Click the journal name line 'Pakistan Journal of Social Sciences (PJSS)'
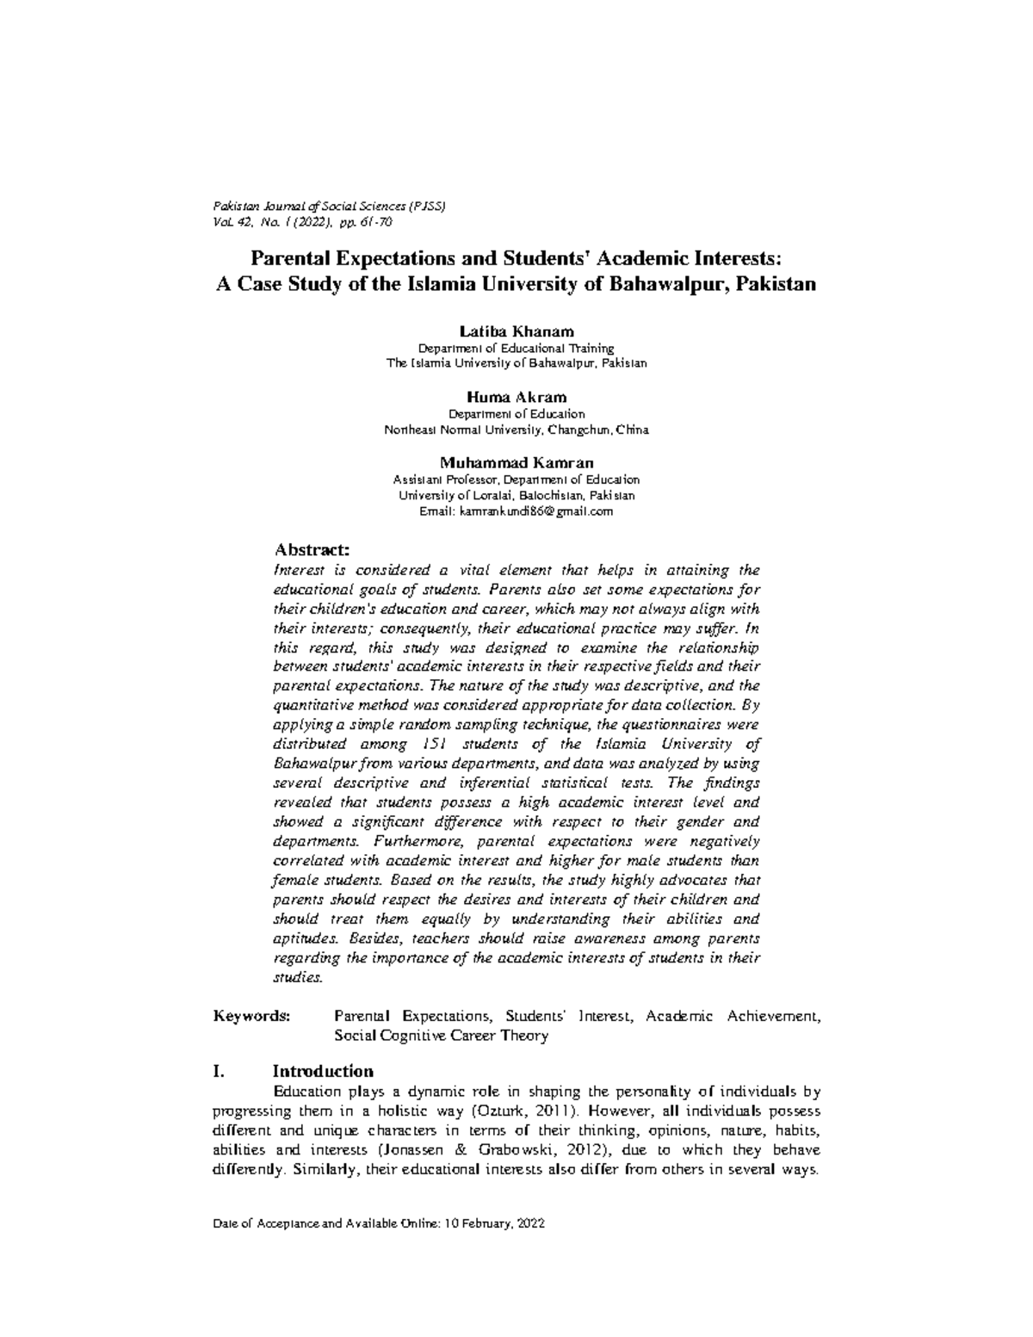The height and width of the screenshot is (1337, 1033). tap(328, 207)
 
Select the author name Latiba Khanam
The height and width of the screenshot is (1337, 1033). tap(516, 332)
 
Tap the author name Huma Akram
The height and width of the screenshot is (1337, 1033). tap(516, 398)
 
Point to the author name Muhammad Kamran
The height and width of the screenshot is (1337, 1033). tap(516, 463)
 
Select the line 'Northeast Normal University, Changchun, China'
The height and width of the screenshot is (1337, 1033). tap(516, 430)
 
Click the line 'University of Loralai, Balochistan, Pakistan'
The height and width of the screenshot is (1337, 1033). tap(516, 496)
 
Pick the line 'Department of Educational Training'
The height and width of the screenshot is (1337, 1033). tap(516, 349)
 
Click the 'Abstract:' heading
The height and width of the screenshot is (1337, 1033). tap(311, 549)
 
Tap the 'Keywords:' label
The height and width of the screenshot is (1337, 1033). tap(252, 1016)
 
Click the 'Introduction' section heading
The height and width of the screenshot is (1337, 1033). tap(323, 1071)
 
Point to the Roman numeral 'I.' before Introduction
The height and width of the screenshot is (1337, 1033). tap(219, 1071)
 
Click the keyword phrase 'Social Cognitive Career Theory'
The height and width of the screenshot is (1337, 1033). tap(441, 1036)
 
